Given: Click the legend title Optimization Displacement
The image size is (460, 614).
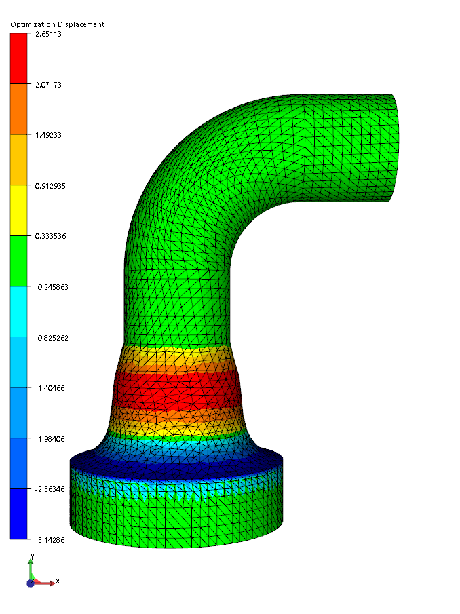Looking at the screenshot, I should coord(57,24).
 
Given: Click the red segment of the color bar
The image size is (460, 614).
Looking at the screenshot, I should coord(18,59).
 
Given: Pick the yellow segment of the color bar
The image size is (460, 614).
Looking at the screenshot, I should coord(18,210).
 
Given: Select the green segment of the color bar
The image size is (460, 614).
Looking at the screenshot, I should coord(18,261).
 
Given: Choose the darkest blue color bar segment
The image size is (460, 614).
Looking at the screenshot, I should coord(18,514).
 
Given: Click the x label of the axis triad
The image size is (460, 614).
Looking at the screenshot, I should coord(58,581).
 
